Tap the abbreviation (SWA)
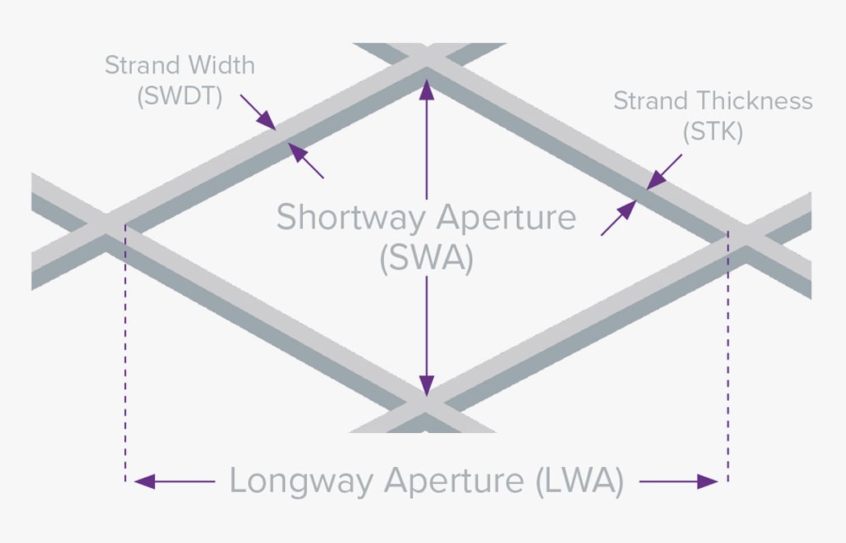tap(426, 258)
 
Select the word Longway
tap(301, 481)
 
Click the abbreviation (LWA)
tap(580, 481)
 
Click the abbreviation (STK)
tap(712, 132)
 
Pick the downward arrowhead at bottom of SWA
tap(426, 388)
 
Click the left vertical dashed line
tap(125, 355)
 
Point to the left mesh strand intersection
tap(104, 228)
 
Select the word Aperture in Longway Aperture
tap(457, 481)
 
